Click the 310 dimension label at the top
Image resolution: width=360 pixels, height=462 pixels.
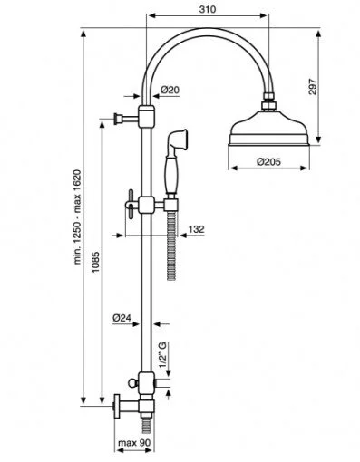(x=208, y=9)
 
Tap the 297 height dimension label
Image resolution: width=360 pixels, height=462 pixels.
(x=313, y=87)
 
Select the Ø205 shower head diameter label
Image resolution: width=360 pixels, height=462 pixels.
(x=268, y=162)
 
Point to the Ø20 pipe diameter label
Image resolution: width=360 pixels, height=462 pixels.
(x=170, y=90)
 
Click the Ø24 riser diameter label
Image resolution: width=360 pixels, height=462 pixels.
(x=122, y=318)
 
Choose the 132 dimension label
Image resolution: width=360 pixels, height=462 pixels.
(x=197, y=229)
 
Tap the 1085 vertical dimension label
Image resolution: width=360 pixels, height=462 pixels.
(x=96, y=262)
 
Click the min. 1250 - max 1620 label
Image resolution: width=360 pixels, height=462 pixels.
(x=78, y=217)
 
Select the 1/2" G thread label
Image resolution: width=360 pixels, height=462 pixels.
(x=163, y=355)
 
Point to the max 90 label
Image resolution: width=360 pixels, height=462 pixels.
(x=133, y=443)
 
